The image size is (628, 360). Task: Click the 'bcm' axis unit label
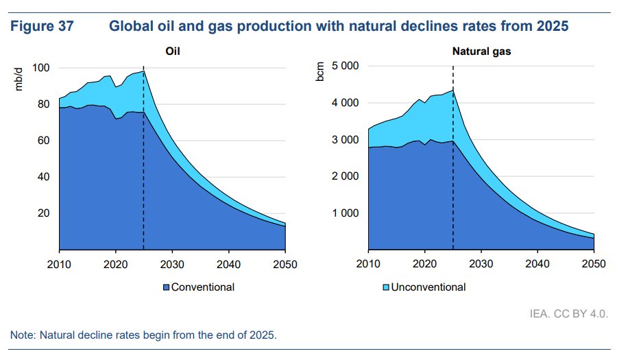pos(319,74)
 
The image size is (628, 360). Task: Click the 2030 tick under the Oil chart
pos(172,264)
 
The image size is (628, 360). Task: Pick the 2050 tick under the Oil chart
pos(285,264)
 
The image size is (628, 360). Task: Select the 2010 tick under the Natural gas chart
pos(368,264)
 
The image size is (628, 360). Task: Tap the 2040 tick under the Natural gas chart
pos(537,264)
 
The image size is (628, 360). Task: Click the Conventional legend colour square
pos(167,287)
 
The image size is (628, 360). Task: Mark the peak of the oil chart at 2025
pos(143,71)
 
